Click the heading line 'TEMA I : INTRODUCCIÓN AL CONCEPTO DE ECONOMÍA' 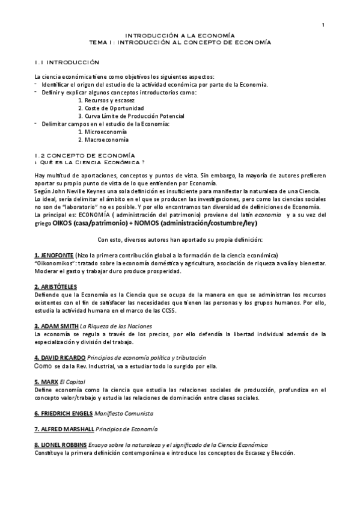180,43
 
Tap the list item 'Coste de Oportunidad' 114,108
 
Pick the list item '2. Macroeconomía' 103,139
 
